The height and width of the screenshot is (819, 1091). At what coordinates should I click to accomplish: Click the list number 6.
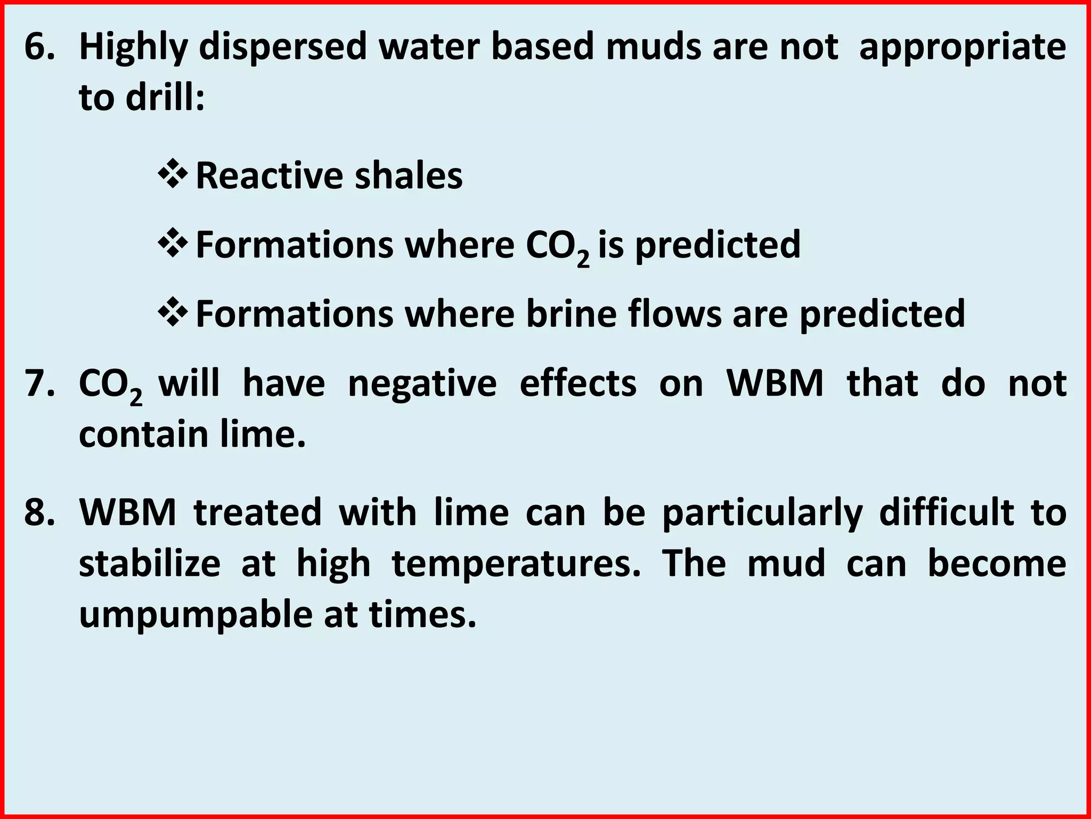click(x=38, y=47)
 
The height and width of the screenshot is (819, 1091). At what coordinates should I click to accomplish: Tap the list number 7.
click(x=38, y=384)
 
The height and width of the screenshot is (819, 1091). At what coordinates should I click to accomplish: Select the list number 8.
click(x=38, y=512)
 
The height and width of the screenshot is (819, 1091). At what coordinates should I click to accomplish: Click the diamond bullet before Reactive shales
click(x=173, y=175)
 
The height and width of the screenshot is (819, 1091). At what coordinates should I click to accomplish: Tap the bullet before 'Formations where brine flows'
click(x=173, y=313)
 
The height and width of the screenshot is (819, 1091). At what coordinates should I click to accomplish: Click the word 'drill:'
click(x=165, y=98)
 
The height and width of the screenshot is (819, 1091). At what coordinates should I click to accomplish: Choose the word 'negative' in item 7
click(x=422, y=384)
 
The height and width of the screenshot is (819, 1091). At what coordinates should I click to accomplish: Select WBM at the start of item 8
click(x=127, y=512)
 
